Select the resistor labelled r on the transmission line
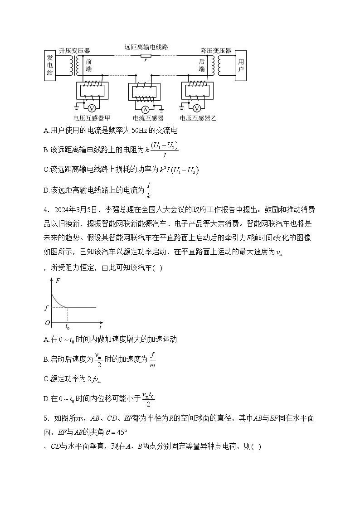tap(146, 56)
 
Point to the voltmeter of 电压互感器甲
tap(91, 108)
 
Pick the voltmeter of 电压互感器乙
tap(197, 108)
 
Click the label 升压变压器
tap(74, 51)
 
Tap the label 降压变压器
tap(216, 51)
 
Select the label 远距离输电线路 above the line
tap(146, 47)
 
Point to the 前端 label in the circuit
tap(88, 65)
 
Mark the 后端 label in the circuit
tap(202, 65)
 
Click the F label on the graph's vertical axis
tap(58, 281)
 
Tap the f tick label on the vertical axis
tap(46, 308)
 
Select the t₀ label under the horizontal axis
tap(68, 326)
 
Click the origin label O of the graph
tap(47, 323)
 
